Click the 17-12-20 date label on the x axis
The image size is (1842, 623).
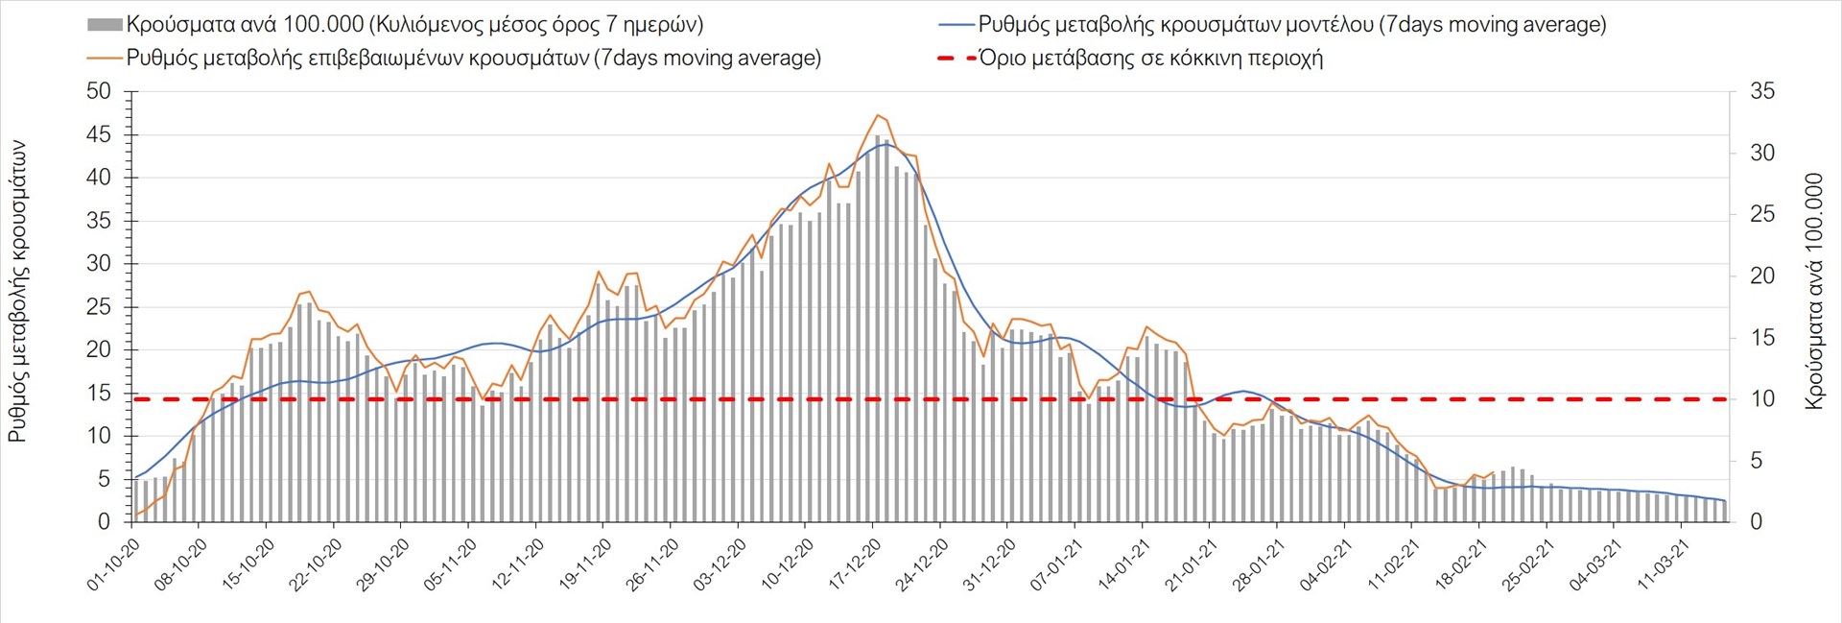(x=855, y=563)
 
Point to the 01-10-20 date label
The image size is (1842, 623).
(x=114, y=563)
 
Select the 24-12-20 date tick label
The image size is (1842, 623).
(x=922, y=563)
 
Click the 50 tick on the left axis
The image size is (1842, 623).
(x=99, y=92)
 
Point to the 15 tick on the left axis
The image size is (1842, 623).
(x=99, y=394)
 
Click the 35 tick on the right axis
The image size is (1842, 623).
(x=1762, y=92)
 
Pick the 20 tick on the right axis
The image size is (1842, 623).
(x=1762, y=276)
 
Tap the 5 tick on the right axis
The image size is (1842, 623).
(x=1757, y=461)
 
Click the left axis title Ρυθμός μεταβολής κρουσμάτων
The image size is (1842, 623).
(x=17, y=292)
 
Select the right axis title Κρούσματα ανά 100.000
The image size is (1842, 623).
(x=1813, y=292)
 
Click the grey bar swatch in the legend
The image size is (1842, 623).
(x=105, y=25)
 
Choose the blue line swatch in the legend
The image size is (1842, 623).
(x=956, y=25)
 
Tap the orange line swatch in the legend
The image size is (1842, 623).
(x=105, y=59)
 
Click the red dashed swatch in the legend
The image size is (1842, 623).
(x=956, y=59)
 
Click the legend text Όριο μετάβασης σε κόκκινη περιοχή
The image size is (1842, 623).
(x=1150, y=59)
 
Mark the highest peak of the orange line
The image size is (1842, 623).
(x=877, y=115)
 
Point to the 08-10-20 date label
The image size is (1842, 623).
(x=181, y=563)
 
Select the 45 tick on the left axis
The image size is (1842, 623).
(x=99, y=135)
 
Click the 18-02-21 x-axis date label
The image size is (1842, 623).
(x=1461, y=563)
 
